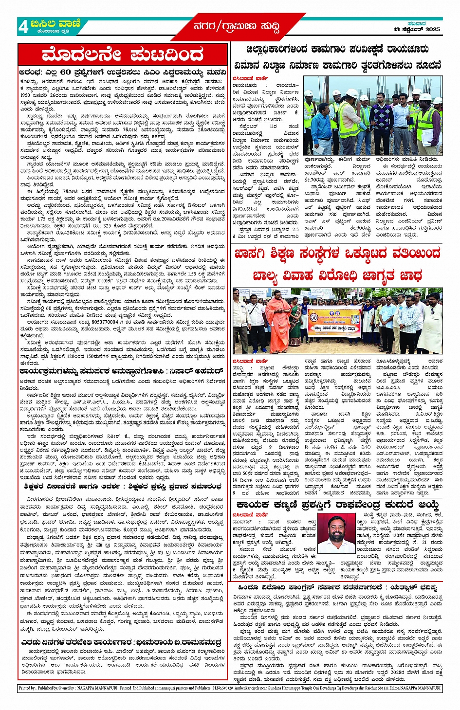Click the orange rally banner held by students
[336, 322]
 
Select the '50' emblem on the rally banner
[313, 316]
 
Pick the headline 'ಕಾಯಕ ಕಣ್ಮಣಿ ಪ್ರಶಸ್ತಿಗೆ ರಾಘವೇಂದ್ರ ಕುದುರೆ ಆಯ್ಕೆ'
[336, 505]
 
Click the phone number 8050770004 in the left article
[98, 322]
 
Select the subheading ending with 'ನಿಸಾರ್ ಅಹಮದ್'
[122, 371]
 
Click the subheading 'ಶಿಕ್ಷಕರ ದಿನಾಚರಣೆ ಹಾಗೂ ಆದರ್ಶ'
[122, 486]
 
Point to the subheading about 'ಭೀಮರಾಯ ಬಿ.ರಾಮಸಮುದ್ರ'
[122, 643]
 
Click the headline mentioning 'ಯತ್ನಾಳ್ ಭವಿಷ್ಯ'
[336, 588]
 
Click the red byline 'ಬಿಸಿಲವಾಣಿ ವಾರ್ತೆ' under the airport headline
[250, 78]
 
